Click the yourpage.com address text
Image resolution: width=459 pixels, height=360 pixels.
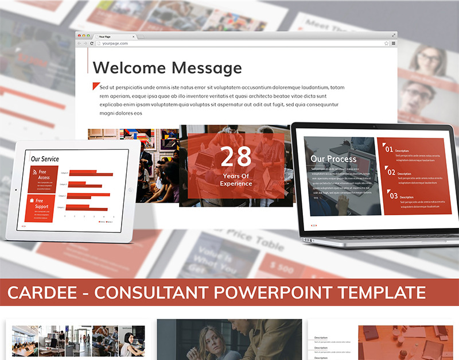115,44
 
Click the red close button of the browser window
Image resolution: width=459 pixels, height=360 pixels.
80,36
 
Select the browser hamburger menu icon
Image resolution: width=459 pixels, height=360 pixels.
394,44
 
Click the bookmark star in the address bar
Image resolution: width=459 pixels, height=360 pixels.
387,44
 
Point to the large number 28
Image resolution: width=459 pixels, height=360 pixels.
236,157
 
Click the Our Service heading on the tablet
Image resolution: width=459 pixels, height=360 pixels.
45,159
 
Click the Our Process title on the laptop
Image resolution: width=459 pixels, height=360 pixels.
333,158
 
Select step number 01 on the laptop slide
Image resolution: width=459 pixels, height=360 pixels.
389,149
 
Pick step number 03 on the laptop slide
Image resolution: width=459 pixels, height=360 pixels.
393,196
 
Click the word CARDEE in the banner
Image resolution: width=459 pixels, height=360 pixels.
41,293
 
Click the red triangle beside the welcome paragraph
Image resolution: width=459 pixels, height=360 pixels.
95,86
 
